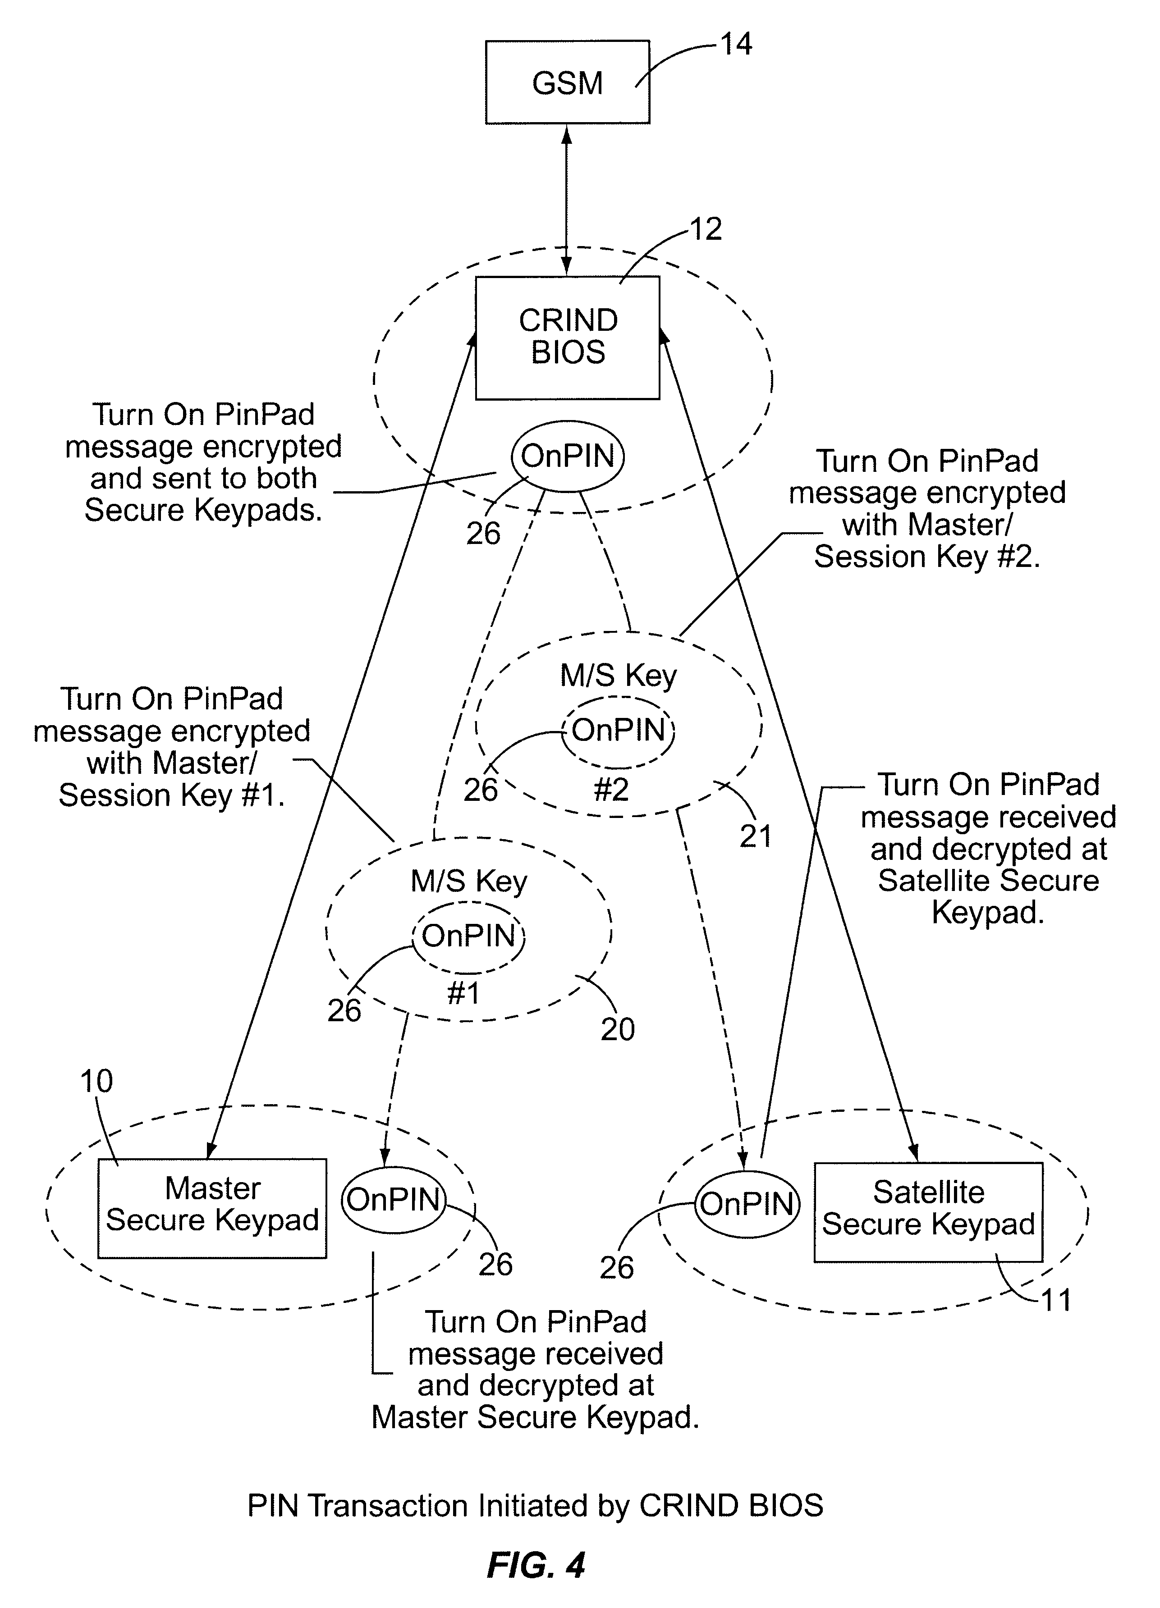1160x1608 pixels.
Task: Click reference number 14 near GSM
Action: (736, 44)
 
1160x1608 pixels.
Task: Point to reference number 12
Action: (706, 229)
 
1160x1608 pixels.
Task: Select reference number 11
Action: (1056, 1300)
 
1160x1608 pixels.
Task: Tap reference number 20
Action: (618, 1029)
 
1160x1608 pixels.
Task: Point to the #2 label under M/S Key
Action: (611, 789)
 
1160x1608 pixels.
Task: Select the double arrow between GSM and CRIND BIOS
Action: (567, 200)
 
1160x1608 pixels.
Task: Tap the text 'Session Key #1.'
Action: (172, 795)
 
